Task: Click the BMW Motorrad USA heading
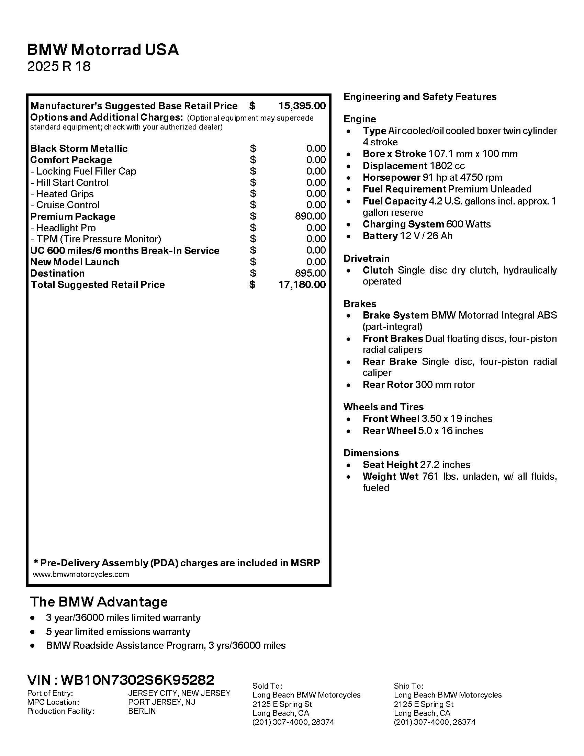tap(103, 50)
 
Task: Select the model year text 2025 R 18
tap(59, 66)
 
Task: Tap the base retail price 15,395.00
tap(302, 106)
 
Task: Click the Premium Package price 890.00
tap(310, 216)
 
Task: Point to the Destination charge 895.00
tap(310, 273)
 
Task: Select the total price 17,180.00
tap(302, 285)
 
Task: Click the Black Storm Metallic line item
tap(79, 148)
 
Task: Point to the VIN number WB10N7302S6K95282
tap(137, 680)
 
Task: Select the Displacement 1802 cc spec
tap(413, 166)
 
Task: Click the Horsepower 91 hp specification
tap(432, 178)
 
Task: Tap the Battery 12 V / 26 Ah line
tap(407, 236)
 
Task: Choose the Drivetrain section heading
tap(367, 258)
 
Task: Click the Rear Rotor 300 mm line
tap(419, 385)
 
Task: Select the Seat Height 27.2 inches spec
tap(416, 465)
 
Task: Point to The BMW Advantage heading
tap(99, 602)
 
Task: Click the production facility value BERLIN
tap(142, 711)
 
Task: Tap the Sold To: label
tap(267, 686)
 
